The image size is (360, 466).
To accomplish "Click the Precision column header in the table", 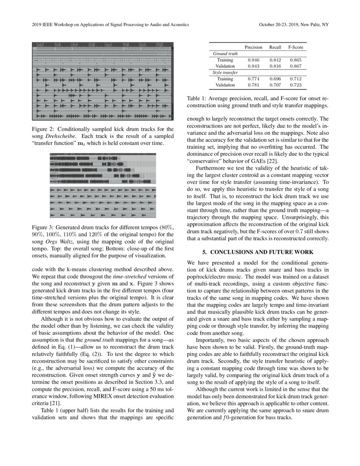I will [253, 47].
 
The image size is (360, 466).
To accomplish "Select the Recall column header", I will [275, 47].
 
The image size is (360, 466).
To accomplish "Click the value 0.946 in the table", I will [253, 60].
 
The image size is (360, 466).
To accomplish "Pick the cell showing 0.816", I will [275, 67].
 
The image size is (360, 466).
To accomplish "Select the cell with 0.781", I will [253, 85].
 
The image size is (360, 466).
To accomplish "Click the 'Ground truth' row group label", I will [225, 54].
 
